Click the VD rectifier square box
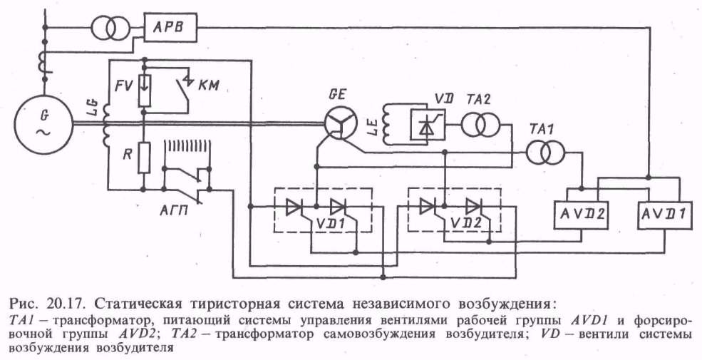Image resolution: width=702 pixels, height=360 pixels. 427,125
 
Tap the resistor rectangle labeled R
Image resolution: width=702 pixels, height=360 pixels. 144,158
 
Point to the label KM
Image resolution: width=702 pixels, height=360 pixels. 209,86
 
